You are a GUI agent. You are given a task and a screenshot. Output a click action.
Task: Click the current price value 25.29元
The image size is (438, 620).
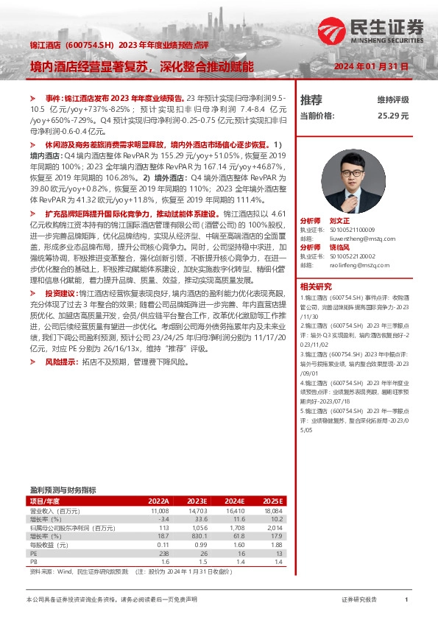tap(393, 116)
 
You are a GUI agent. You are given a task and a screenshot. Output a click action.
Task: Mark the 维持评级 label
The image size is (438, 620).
tap(393, 99)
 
